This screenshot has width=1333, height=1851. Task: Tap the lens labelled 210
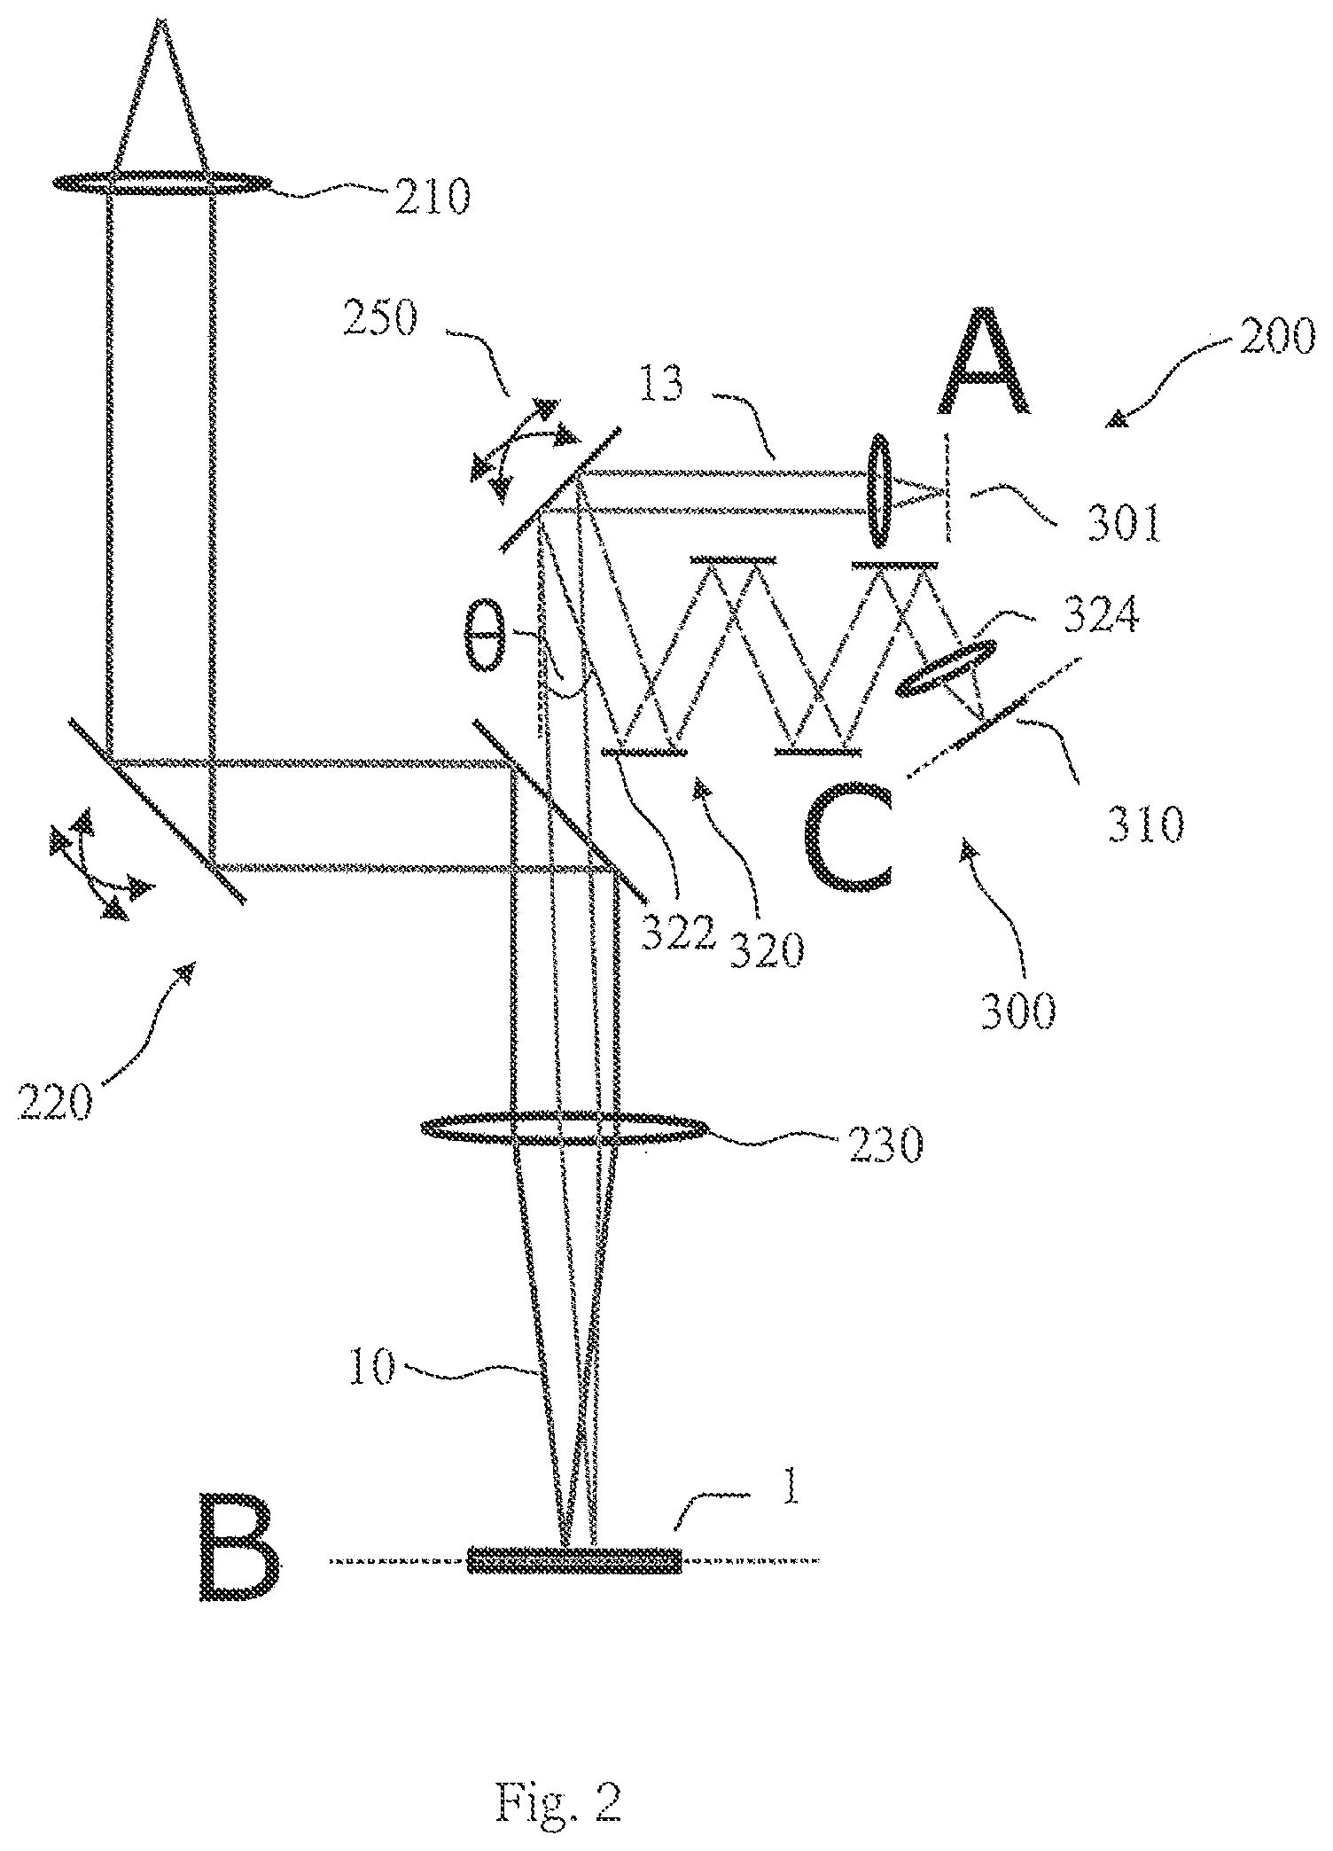pyautogui.click(x=161, y=184)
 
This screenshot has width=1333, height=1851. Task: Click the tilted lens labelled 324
pyautogui.click(x=945, y=670)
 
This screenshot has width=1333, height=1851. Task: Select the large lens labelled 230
pyautogui.click(x=564, y=1129)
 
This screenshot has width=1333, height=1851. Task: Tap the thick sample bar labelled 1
pyautogui.click(x=574, y=1559)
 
